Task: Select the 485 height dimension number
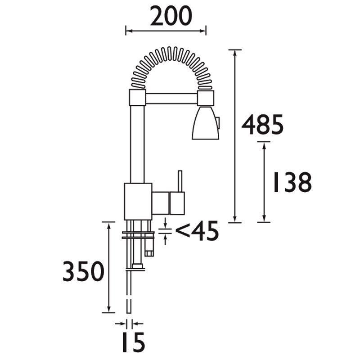[263, 125]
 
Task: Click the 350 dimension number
[84, 272]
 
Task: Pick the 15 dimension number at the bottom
[131, 343]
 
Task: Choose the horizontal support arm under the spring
[171, 97]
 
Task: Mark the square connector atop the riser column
[138, 97]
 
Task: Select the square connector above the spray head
[205, 97]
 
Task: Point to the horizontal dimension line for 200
[166, 31]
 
